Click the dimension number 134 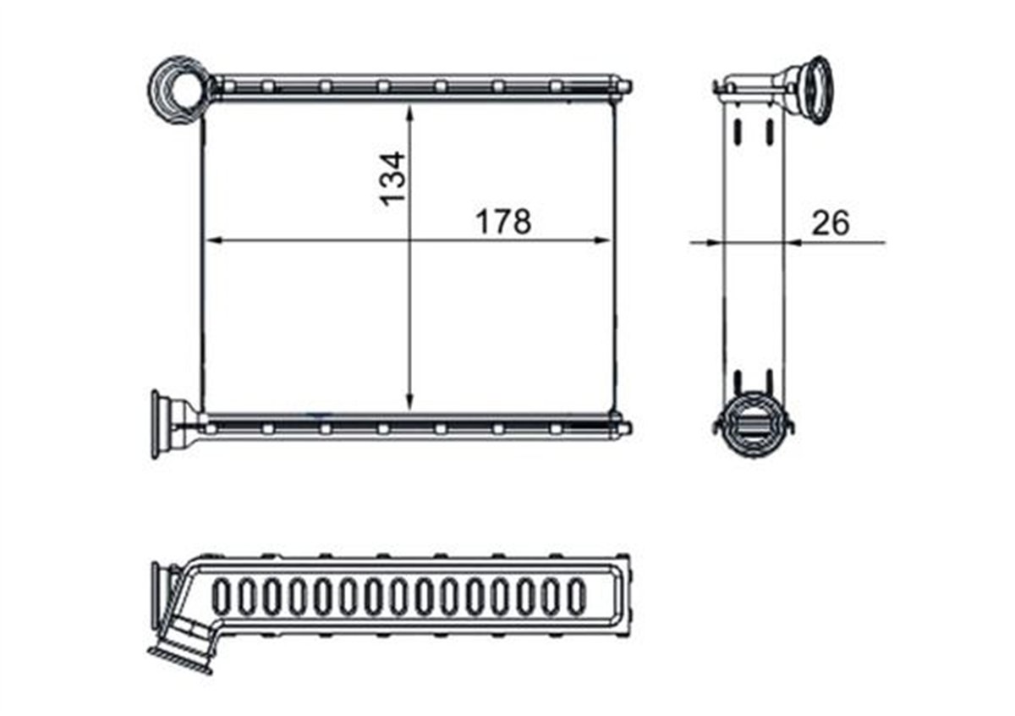[x=392, y=179]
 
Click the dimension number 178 [x=503, y=223]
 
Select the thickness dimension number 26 [x=830, y=223]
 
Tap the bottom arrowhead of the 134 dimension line [x=409, y=401]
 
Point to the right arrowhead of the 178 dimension [x=602, y=240]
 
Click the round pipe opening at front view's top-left [x=179, y=89]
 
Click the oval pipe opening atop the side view [x=811, y=90]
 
